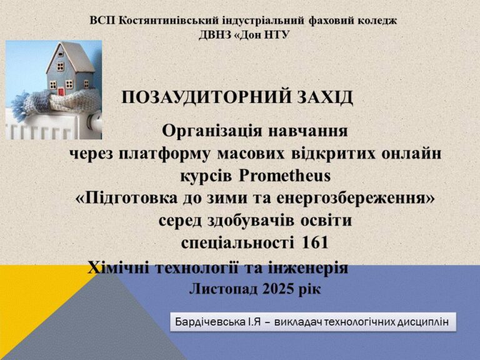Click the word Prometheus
(285, 176)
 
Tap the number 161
(315, 242)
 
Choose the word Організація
(212, 131)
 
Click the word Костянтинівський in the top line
(168, 21)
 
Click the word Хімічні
(119, 267)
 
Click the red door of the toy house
(61, 91)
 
